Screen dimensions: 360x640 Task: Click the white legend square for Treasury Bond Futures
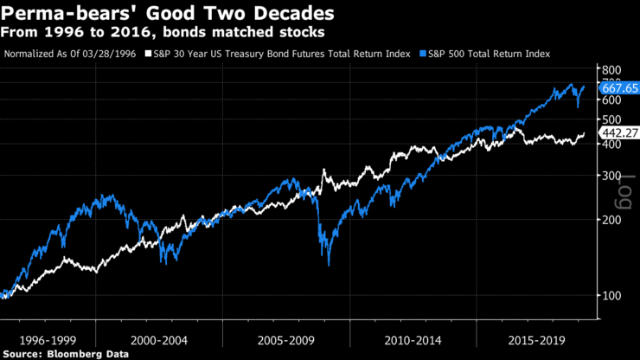point(148,54)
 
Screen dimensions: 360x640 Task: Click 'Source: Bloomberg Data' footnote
point(66,353)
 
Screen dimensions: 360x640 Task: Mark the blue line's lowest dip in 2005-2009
point(328,264)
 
